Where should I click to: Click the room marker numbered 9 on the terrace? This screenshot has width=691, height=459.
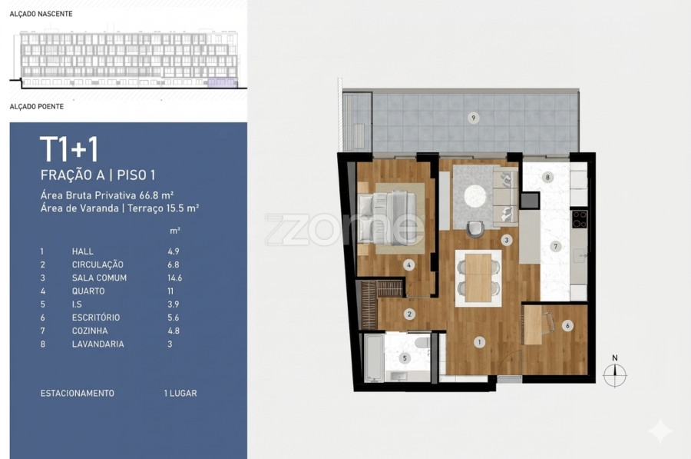click(473, 118)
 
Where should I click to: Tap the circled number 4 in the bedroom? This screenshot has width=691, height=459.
click(408, 265)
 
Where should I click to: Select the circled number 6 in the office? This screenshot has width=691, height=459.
click(567, 326)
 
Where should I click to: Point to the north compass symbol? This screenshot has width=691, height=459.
click(615, 374)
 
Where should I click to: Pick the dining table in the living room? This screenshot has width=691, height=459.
click(478, 278)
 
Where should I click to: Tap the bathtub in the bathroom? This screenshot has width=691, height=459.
click(374, 358)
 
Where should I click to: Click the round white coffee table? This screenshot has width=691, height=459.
click(475, 195)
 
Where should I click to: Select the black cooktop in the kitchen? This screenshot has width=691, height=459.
click(579, 219)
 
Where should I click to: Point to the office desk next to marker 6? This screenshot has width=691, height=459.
click(534, 325)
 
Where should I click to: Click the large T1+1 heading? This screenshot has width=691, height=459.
click(69, 149)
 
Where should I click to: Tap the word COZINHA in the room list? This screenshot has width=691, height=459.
click(90, 331)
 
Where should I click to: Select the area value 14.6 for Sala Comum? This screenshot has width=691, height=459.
click(174, 278)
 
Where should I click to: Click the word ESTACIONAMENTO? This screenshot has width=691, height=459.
click(77, 393)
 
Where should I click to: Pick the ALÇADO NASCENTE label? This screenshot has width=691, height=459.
click(41, 14)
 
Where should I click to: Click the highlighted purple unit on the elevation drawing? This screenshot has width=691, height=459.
click(223, 82)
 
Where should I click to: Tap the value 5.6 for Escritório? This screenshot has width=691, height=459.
click(174, 318)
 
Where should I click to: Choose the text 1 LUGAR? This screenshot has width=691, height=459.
click(180, 393)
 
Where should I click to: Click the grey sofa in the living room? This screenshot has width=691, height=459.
click(505, 196)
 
